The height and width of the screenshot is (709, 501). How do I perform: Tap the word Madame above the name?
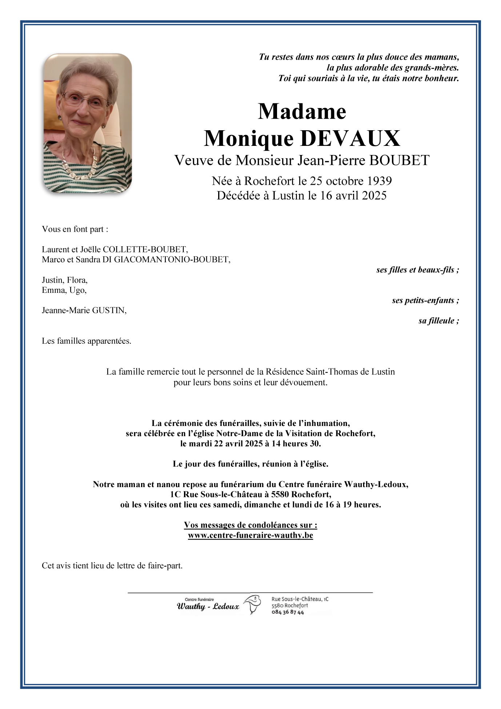302,111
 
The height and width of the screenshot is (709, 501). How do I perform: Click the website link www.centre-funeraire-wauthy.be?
251,535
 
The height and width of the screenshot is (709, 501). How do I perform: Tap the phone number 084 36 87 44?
288,612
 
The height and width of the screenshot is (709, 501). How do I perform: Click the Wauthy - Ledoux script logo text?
208,606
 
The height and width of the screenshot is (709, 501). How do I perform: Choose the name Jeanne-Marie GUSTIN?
84,310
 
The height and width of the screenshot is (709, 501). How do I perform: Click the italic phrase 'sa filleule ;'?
438,321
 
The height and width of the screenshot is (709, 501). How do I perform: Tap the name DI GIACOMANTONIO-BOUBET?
172,259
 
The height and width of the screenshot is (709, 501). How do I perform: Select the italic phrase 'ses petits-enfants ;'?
425,300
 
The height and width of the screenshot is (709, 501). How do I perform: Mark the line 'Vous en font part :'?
75,229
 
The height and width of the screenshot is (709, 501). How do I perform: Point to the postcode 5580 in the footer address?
277,606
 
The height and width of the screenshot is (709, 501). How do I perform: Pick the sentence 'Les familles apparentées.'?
87,341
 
